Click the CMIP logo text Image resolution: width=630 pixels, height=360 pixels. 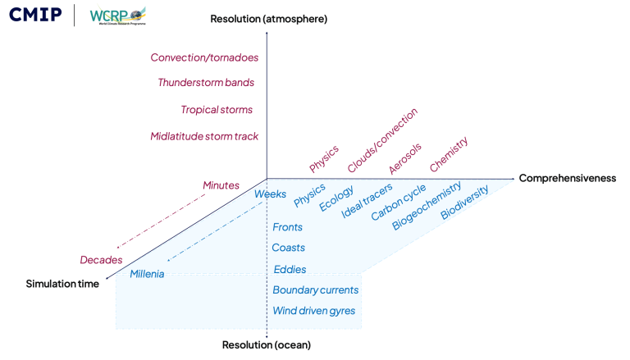(x=35, y=14)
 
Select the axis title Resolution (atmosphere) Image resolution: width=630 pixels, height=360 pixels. (x=268, y=19)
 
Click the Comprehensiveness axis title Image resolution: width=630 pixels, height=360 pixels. (x=567, y=179)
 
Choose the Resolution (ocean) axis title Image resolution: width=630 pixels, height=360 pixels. (x=267, y=345)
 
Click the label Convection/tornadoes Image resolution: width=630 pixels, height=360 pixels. (x=204, y=58)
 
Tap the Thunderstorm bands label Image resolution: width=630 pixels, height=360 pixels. (x=206, y=83)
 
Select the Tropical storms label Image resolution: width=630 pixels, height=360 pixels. (x=217, y=110)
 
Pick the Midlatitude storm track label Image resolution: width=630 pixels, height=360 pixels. (x=204, y=136)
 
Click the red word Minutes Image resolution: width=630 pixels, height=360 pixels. (x=221, y=186)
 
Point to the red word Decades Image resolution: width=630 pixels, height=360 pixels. (x=101, y=260)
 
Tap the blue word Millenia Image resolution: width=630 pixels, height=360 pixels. (x=147, y=274)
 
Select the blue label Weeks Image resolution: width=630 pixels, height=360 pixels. (x=270, y=194)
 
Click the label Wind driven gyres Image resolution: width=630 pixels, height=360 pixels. (x=313, y=311)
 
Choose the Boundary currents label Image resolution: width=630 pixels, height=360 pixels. (x=315, y=290)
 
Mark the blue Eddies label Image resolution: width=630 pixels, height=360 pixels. (x=290, y=269)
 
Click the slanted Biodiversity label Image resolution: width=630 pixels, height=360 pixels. (x=464, y=203)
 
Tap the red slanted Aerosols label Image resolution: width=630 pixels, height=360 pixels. (x=405, y=158)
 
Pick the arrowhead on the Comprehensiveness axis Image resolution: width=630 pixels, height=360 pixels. (x=512, y=178)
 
